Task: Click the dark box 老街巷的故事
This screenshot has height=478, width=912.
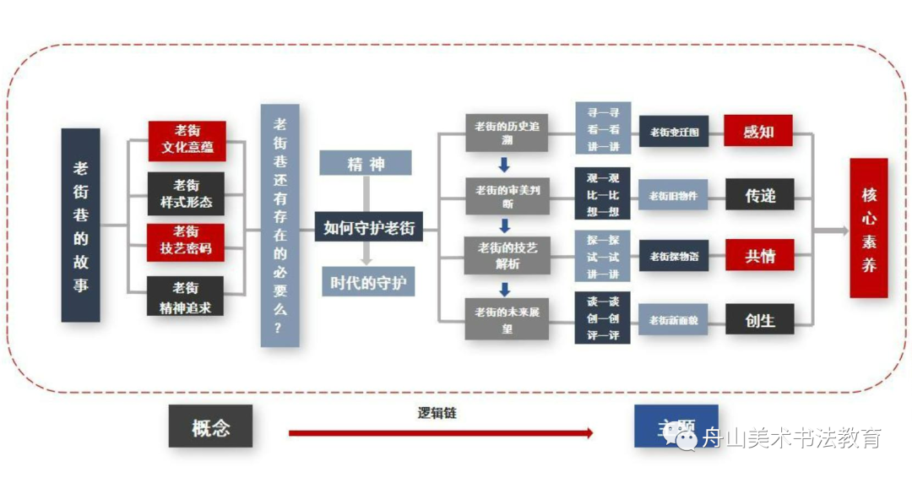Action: pyautogui.click(x=80, y=225)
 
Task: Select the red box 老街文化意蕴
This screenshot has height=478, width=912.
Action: pyautogui.click(x=187, y=140)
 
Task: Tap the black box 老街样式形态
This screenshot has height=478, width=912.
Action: pyautogui.click(x=187, y=193)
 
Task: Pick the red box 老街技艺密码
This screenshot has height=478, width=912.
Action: pyautogui.click(x=186, y=241)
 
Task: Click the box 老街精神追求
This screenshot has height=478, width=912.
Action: pyautogui.click(x=186, y=297)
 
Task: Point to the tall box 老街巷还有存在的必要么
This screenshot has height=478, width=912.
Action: pyautogui.click(x=280, y=225)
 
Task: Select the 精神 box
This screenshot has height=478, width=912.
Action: pyautogui.click(x=365, y=163)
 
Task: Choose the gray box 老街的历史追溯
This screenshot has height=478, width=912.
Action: pyautogui.click(x=507, y=133)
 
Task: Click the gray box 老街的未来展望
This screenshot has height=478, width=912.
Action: pyautogui.click(x=507, y=319)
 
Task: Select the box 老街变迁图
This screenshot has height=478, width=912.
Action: pyautogui.click(x=673, y=132)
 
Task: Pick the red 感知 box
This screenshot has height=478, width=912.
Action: pyautogui.click(x=757, y=131)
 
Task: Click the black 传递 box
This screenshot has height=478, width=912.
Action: pyautogui.click(x=759, y=195)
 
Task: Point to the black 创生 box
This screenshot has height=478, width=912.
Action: pyautogui.click(x=759, y=319)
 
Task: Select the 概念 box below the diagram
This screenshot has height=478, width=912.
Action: pyautogui.click(x=210, y=426)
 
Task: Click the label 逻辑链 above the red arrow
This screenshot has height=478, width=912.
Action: pyautogui.click(x=437, y=414)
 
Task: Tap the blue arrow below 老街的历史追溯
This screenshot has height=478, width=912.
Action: pyautogui.click(x=504, y=164)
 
